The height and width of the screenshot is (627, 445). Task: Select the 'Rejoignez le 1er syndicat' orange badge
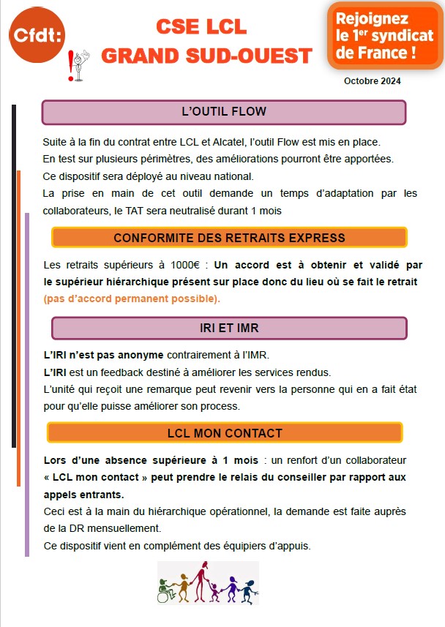[x=384, y=34]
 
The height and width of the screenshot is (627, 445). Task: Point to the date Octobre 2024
[x=372, y=81]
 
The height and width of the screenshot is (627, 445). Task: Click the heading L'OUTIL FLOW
[x=223, y=112]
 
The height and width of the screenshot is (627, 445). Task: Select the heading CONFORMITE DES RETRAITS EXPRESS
[x=229, y=238]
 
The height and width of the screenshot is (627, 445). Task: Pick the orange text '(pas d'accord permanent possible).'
[x=132, y=299]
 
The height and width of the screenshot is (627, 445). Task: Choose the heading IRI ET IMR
[x=228, y=328]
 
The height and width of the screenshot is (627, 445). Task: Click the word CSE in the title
[x=178, y=27]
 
